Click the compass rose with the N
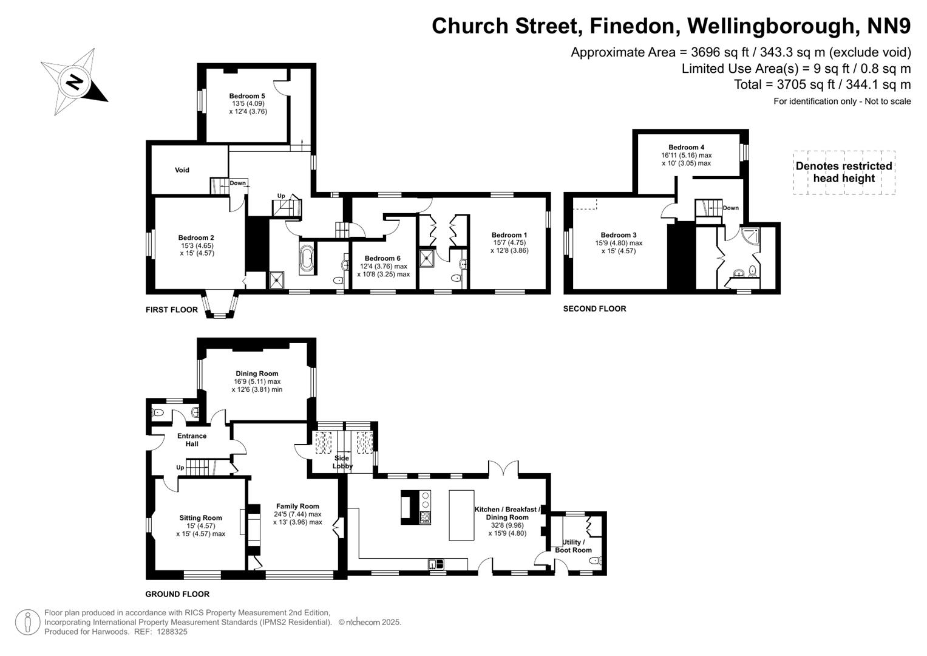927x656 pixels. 73,82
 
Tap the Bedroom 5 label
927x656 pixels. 247,96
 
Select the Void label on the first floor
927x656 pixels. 182,170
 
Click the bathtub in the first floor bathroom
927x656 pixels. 306,259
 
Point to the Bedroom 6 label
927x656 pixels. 382,258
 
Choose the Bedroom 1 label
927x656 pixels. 509,235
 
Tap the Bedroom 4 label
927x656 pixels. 686,147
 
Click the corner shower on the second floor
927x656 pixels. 749,234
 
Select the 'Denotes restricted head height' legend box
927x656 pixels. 844,173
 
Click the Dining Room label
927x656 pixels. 257,374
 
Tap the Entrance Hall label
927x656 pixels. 192,440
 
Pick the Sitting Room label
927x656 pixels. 200,518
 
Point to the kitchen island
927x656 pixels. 461,515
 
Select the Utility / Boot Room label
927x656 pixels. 573,546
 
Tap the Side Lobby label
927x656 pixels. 342,462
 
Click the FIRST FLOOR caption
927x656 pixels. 172,310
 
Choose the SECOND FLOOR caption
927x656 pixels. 594,309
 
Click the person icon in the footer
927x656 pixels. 27,623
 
